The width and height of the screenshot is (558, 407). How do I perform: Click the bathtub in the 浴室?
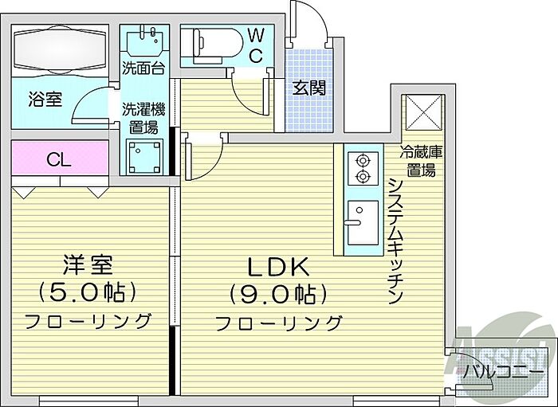[x=60, y=51]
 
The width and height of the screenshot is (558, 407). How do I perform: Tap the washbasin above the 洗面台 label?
[x=144, y=42]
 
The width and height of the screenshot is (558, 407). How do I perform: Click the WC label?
[x=256, y=45]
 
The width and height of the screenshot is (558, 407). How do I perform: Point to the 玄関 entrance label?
[x=309, y=88]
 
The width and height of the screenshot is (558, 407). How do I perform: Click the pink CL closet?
[x=60, y=158]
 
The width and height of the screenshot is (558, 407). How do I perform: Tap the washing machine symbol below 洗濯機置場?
[x=144, y=157]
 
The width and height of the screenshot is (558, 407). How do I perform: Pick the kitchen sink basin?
[x=363, y=222]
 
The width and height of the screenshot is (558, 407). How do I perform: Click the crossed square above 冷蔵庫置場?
[x=422, y=112]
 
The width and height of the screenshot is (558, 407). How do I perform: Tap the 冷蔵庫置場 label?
[x=421, y=162]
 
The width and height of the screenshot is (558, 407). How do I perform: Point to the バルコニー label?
[x=503, y=374]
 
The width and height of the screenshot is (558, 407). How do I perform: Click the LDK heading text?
[x=278, y=268]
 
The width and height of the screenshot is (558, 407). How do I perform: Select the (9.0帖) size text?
[x=277, y=295]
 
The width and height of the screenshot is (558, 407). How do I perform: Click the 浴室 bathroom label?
[x=45, y=100]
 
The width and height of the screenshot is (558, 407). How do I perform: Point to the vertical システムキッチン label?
[x=395, y=241]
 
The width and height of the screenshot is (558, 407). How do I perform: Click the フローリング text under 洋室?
[x=88, y=321]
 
